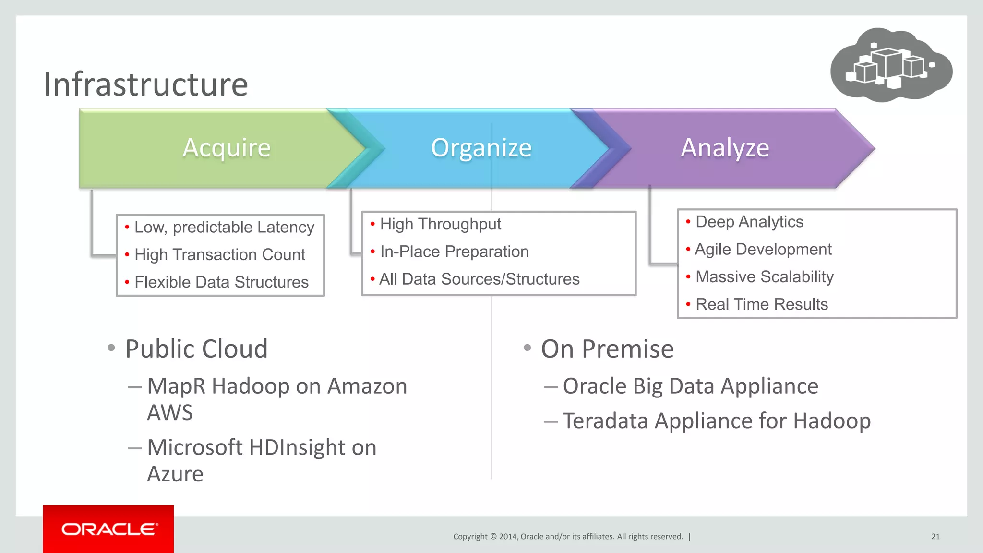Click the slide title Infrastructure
146,84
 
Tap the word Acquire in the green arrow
227,147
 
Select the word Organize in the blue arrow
481,147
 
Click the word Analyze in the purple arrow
725,147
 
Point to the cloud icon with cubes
891,65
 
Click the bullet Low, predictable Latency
224,227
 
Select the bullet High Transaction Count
220,254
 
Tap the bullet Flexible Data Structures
221,282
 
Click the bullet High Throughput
440,224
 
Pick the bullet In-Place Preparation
454,252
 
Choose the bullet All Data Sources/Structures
479,279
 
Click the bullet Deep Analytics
749,222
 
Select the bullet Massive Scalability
764,277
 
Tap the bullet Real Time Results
762,304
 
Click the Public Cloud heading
196,349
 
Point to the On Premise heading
607,349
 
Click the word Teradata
605,421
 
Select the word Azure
175,474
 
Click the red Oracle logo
108,529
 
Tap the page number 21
935,537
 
